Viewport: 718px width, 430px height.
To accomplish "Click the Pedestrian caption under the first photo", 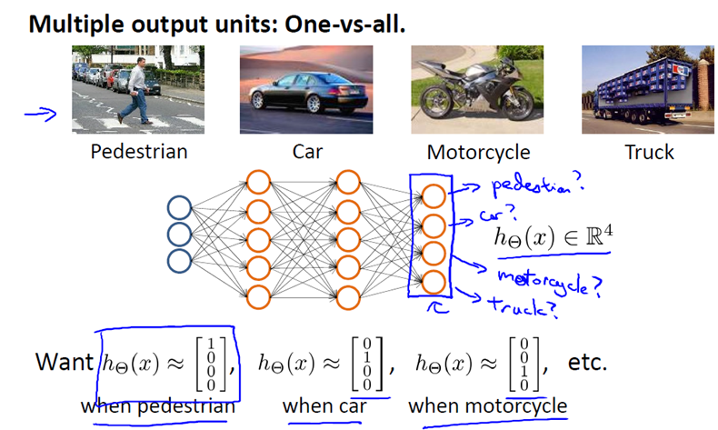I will (138, 151).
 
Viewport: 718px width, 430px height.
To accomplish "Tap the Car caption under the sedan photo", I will (306, 151).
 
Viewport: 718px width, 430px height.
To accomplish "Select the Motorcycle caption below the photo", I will (478, 152).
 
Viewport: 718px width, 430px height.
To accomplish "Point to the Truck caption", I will (649, 151).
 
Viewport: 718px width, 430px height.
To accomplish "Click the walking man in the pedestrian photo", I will (136, 88).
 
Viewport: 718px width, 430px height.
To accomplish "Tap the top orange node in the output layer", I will (434, 196).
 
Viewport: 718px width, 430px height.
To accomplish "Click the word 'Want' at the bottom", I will (64, 361).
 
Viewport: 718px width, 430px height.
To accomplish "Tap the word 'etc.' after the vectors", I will (584, 361).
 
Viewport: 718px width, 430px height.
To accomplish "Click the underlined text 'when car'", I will (324, 405).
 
